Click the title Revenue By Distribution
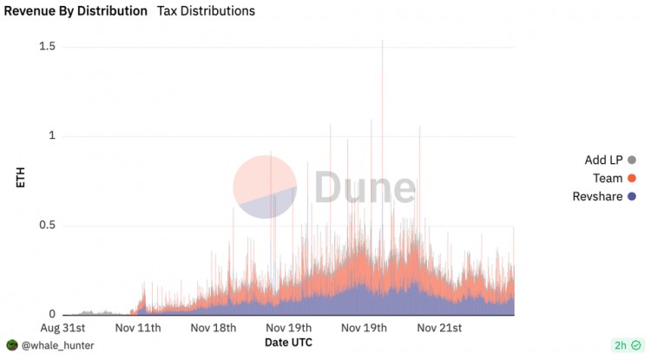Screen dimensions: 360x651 click(76, 11)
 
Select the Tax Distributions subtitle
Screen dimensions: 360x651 click(206, 11)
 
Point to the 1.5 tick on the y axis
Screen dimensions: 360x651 click(48, 45)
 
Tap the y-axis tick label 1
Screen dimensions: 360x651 click(52, 135)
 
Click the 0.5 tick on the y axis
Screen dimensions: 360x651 click(48, 226)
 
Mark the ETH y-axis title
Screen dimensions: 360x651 click(21, 180)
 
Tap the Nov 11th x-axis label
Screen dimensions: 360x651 click(138, 328)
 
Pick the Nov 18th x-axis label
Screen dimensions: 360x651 click(213, 328)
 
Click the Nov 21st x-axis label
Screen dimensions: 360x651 click(440, 328)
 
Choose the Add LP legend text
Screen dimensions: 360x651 click(603, 160)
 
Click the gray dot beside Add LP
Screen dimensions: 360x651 click(632, 160)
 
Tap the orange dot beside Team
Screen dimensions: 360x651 click(632, 178)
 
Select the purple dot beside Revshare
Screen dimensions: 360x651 click(632, 197)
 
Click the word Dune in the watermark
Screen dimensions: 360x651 click(365, 187)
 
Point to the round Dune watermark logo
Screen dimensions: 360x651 click(266, 187)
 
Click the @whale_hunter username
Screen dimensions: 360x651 click(56, 345)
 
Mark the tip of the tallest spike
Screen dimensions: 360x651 click(382, 40)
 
